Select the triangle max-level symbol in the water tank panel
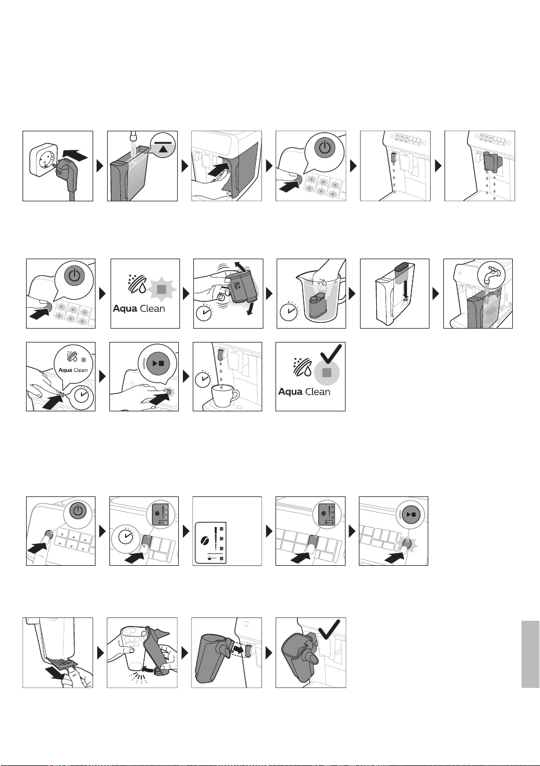click(x=164, y=149)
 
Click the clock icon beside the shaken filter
click(x=204, y=312)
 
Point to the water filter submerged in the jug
click(x=317, y=306)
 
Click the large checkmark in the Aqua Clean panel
click(x=330, y=355)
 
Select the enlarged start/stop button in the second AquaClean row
click(x=158, y=363)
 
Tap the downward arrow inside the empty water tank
click(x=405, y=292)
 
